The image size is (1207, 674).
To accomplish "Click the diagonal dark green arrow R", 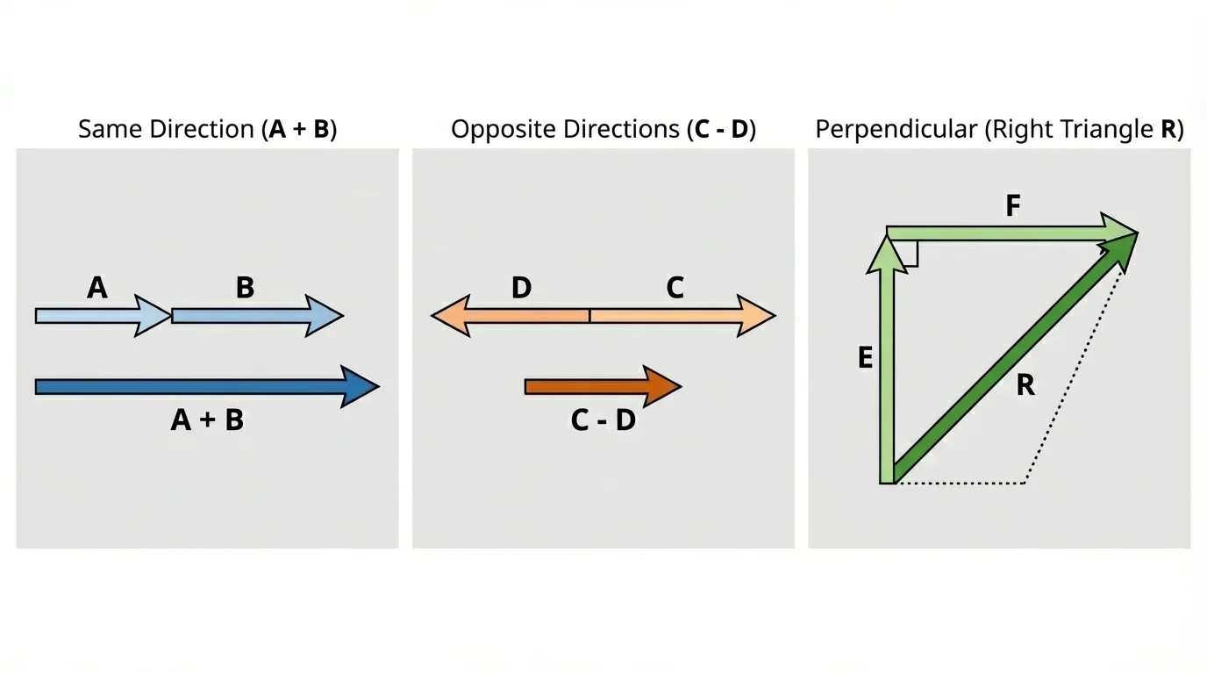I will point(1009,360).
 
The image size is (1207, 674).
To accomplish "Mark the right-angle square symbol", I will point(909,255).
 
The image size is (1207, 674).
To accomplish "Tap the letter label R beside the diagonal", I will point(1025,384).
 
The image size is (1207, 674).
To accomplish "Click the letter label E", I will point(865,358).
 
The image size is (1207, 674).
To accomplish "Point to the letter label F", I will point(1013,206).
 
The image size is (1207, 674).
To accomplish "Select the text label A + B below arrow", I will point(207,420).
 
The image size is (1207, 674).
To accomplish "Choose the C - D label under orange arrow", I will point(603,420).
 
